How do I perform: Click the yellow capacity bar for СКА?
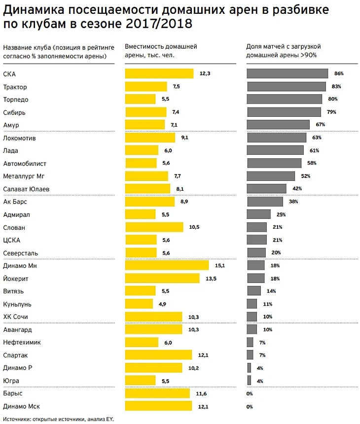(159, 73)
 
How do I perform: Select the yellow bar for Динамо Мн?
(167, 265)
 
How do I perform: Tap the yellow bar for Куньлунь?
(140, 304)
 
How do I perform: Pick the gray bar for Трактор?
(286, 86)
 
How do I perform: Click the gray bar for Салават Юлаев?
(266, 188)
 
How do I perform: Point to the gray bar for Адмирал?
(259, 214)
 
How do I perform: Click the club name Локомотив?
(19, 139)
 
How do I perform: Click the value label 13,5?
(211, 279)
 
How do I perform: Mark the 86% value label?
(338, 73)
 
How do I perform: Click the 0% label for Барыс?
(250, 393)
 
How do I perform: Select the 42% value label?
(297, 188)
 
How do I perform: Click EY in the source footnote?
(109, 419)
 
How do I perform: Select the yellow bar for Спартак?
(158, 355)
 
